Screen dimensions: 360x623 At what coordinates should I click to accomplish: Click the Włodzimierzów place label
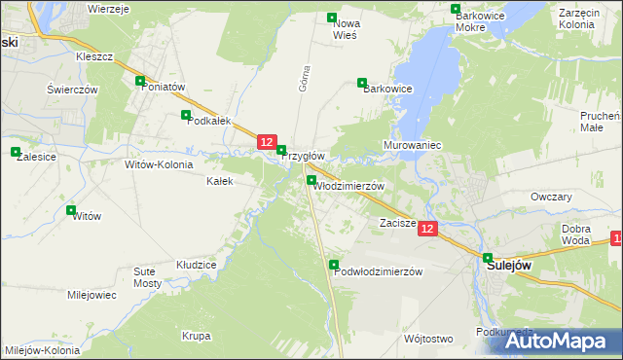coord(350,186)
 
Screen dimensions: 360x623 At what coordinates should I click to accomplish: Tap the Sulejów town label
coord(508,263)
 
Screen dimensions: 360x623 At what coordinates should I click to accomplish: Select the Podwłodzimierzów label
coord(378,272)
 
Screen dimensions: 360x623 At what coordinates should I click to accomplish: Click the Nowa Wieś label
coord(347,28)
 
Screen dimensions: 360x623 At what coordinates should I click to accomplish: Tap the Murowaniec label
coord(413,145)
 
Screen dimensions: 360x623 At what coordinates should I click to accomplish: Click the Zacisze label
coord(397,223)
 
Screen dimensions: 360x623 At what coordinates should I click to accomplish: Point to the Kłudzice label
coord(196,264)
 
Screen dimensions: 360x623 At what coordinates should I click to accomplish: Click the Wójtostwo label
coord(428,339)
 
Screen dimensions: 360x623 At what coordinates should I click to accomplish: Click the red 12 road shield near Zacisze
coord(429,228)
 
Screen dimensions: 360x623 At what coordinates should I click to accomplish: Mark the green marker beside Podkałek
coord(186,115)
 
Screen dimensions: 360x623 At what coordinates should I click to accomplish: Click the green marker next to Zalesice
coord(16,152)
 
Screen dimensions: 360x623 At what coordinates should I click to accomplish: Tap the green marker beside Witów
coord(70,209)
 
